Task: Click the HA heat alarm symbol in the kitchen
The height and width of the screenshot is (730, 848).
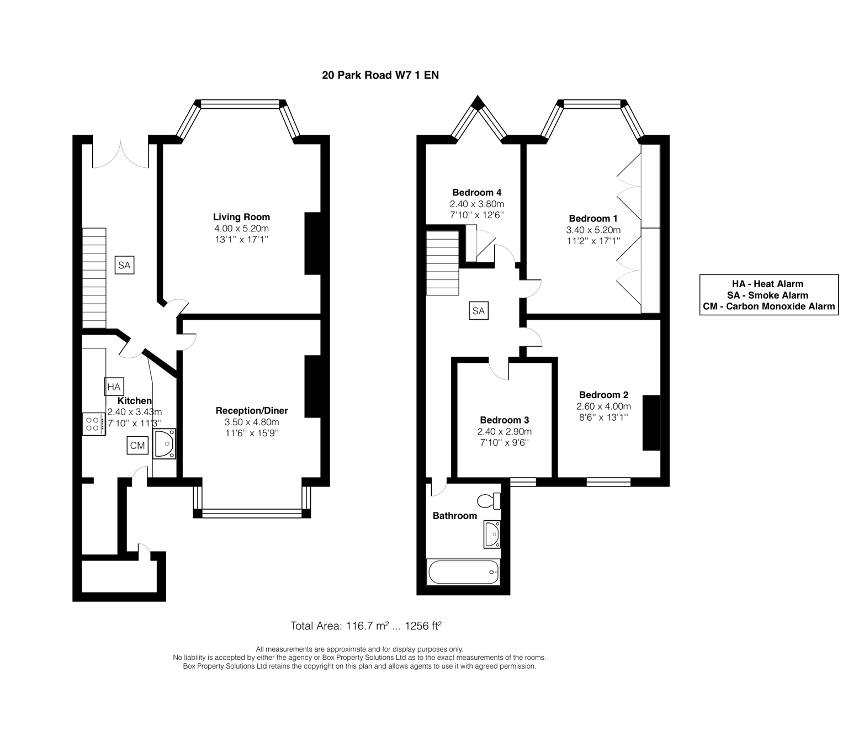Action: [x=114, y=387]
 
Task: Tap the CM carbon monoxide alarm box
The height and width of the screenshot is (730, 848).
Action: [x=137, y=445]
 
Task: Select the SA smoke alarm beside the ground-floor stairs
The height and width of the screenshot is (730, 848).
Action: [x=124, y=265]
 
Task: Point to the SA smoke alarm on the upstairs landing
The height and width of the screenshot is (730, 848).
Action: [x=479, y=311]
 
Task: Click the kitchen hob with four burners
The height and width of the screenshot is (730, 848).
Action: [x=94, y=424]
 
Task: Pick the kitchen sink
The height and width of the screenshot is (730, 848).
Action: [x=164, y=443]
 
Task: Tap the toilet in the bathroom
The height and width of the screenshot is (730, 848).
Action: [x=489, y=501]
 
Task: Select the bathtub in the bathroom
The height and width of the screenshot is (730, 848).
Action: [x=463, y=572]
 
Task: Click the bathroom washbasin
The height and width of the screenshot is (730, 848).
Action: [x=492, y=534]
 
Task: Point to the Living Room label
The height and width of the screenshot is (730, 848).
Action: [x=241, y=217]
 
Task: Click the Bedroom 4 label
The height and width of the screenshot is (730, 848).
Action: [x=476, y=193]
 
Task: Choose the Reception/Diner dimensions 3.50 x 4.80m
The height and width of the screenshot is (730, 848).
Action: [x=252, y=422]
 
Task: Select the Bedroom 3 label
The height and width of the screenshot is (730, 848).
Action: [x=505, y=420]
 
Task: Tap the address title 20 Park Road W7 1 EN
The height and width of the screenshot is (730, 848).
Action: [x=380, y=75]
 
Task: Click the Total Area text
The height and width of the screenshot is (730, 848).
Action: [x=366, y=626]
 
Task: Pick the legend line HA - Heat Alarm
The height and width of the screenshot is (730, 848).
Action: [x=767, y=284]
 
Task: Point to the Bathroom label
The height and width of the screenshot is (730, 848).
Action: [x=455, y=516]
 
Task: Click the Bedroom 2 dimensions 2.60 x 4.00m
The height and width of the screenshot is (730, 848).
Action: [x=603, y=406]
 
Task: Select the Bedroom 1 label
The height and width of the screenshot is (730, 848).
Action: [x=593, y=219]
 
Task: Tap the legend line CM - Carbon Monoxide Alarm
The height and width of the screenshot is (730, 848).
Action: [x=769, y=306]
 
